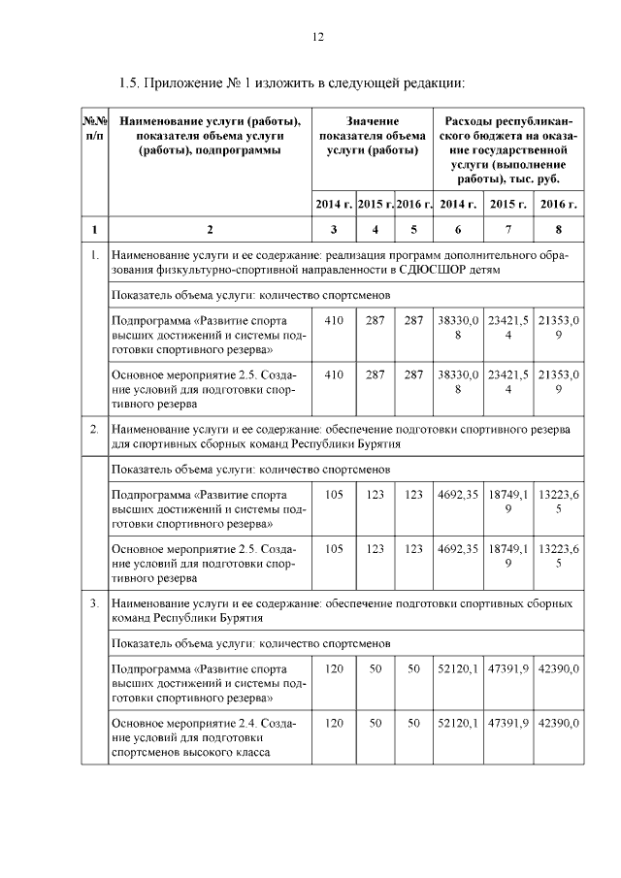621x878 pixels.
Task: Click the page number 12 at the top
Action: (x=317, y=37)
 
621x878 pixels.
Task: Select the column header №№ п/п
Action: (x=94, y=127)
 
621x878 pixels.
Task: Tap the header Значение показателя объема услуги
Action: (x=373, y=135)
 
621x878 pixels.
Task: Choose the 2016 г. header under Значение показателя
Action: (x=414, y=204)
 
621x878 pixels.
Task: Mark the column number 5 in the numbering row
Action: (x=414, y=230)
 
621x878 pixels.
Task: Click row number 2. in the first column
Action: (x=94, y=428)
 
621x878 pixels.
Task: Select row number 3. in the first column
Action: (x=94, y=603)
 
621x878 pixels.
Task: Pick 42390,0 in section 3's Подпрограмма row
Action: (x=559, y=668)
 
